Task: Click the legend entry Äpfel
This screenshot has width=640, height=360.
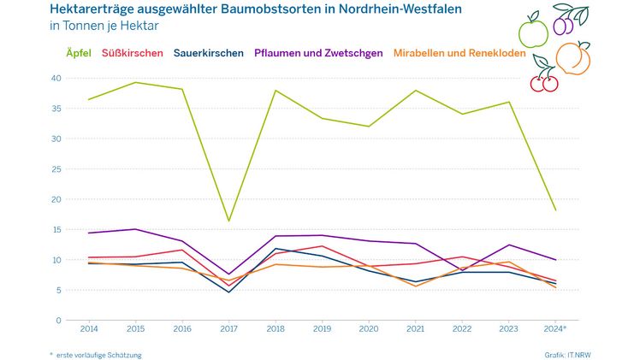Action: (x=79, y=53)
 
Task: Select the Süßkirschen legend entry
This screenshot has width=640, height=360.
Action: (x=133, y=53)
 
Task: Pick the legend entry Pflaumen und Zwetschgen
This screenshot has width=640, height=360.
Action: (x=318, y=53)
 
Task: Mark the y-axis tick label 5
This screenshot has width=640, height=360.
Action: (x=57, y=290)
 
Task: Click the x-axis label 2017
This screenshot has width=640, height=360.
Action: (x=229, y=328)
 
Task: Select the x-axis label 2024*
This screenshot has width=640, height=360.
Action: (x=557, y=328)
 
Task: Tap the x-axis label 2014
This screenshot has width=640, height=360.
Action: (x=89, y=328)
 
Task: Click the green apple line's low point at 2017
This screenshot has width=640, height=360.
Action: (x=229, y=221)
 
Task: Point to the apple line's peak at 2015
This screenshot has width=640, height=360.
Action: (x=135, y=82)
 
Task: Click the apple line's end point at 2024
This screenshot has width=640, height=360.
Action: (x=556, y=210)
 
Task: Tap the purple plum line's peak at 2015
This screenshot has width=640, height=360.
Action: (x=135, y=229)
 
